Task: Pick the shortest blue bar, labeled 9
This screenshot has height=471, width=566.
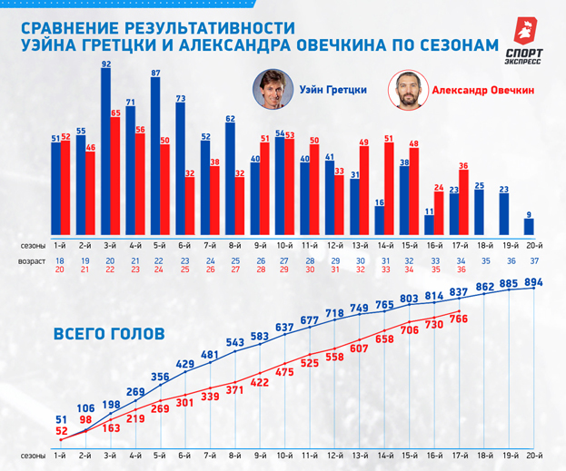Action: pos(530,226)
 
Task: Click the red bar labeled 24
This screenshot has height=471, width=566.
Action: pos(440,214)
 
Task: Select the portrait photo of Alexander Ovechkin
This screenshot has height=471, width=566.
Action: pos(406,90)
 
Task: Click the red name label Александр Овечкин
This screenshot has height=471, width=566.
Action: pos(482,91)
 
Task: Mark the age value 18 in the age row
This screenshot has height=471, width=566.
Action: pos(59,260)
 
